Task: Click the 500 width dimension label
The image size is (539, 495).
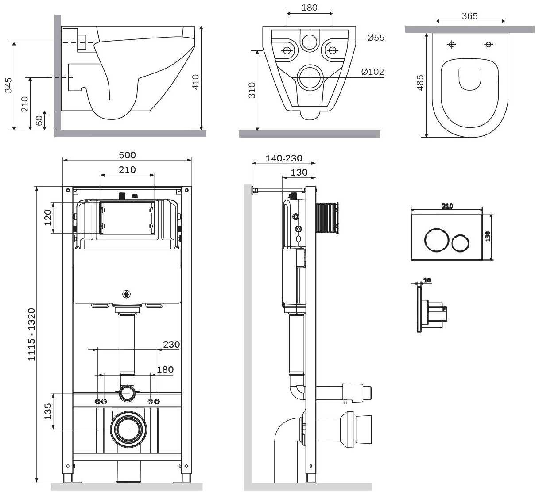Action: (127, 155)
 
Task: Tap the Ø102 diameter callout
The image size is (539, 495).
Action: (372, 72)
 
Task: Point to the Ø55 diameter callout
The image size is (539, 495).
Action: (376, 38)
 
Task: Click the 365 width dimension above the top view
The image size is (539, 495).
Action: (469, 16)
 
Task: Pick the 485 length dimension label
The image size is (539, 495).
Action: (420, 83)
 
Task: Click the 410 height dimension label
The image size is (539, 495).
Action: (195, 82)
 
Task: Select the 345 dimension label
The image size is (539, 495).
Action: (8, 85)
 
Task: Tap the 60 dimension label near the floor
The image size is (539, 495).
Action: (39, 120)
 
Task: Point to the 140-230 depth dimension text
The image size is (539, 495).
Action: (284, 158)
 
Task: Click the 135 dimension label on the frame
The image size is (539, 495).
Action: (47, 411)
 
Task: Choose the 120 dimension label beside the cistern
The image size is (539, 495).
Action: (47, 217)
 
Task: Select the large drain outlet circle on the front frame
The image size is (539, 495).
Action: (128, 429)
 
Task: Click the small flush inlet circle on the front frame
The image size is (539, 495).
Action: (128, 392)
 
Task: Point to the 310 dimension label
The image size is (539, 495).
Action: (252, 91)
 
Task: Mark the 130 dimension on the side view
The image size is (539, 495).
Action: (299, 172)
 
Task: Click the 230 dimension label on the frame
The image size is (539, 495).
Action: (171, 344)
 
